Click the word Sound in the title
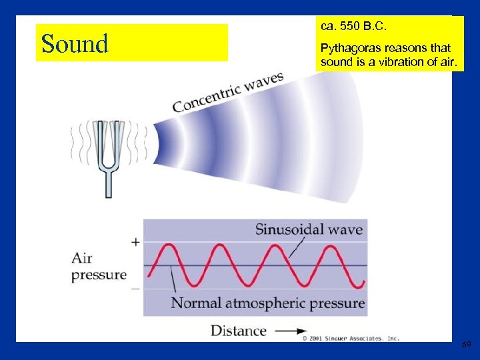click(x=75, y=44)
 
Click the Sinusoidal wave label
click(x=309, y=230)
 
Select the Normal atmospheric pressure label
click(x=268, y=303)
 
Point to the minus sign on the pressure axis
click(x=135, y=289)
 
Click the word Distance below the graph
click(x=239, y=331)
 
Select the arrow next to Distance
click(x=291, y=331)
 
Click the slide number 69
click(x=466, y=344)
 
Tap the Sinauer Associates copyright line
click(x=351, y=339)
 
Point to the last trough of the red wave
click(x=356, y=285)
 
